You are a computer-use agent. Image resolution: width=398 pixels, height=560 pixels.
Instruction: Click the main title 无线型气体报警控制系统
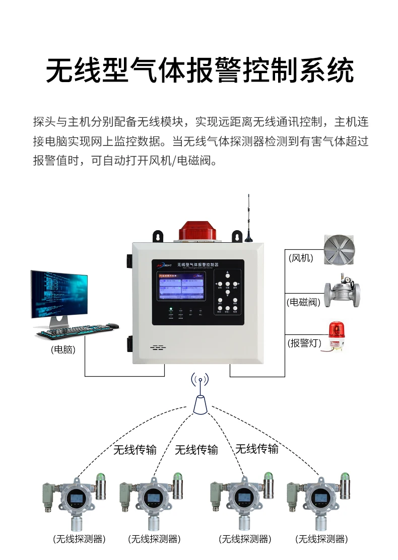(x=199, y=70)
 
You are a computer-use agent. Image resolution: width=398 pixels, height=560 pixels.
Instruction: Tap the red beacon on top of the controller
(x=197, y=231)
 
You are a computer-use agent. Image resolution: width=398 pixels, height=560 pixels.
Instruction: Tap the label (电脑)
(x=63, y=349)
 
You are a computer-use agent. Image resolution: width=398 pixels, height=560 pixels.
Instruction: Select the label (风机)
(x=301, y=258)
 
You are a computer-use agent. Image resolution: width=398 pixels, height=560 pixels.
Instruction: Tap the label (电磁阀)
(x=303, y=302)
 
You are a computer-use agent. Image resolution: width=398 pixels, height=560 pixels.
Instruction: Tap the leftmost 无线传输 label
(x=135, y=450)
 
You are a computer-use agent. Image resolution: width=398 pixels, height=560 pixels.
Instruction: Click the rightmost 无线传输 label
(x=257, y=449)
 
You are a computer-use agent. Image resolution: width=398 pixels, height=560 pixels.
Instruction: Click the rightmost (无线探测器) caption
(x=321, y=539)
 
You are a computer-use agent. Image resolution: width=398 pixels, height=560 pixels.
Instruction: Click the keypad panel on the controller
(x=227, y=293)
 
